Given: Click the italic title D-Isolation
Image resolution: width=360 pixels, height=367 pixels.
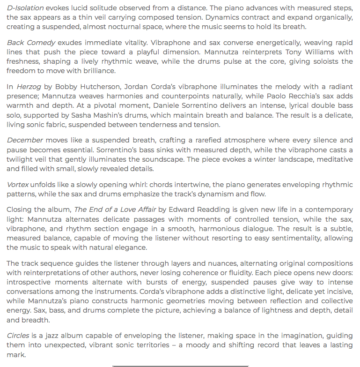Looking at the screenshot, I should click(26, 8).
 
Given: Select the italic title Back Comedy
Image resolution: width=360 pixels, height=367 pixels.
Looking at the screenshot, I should click(31, 43).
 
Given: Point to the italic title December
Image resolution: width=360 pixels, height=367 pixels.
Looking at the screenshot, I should click(25, 140).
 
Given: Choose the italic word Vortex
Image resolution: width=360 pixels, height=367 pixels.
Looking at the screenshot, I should click(18, 184).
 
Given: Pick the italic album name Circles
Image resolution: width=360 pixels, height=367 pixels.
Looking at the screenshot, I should click(18, 336).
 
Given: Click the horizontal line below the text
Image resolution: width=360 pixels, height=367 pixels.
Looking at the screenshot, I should click(180, 366).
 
